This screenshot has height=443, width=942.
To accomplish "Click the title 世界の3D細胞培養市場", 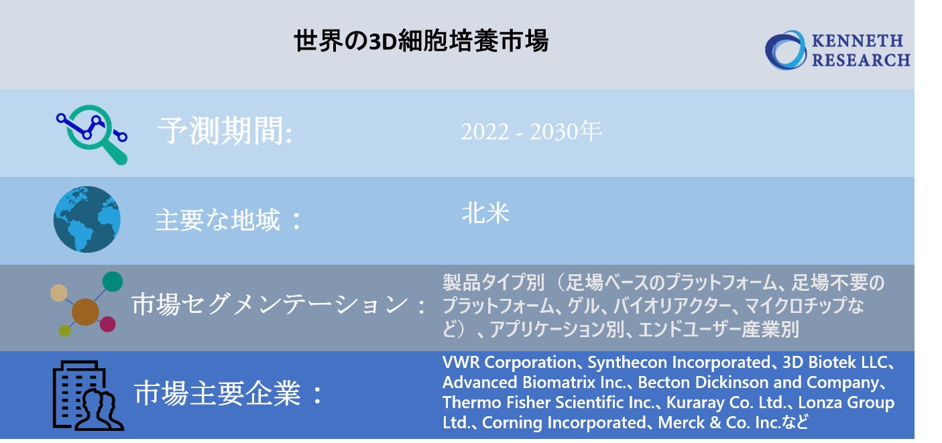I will click(421, 42).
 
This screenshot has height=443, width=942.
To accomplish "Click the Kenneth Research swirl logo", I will click(786, 50).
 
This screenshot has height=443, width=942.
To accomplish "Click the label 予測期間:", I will click(225, 132).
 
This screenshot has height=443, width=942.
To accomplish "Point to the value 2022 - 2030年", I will click(531, 132).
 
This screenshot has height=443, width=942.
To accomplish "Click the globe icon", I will click(87, 220).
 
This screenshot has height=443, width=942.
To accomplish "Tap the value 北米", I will click(485, 213).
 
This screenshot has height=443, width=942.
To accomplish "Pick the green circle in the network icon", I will click(113, 281).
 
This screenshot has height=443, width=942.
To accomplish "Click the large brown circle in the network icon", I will click(85, 312).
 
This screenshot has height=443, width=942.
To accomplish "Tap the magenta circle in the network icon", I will click(107, 324).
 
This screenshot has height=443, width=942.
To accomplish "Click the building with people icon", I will click(87, 395).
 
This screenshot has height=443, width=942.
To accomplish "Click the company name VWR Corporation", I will click(509, 363).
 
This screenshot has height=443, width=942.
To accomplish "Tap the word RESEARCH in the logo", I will click(861, 60).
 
